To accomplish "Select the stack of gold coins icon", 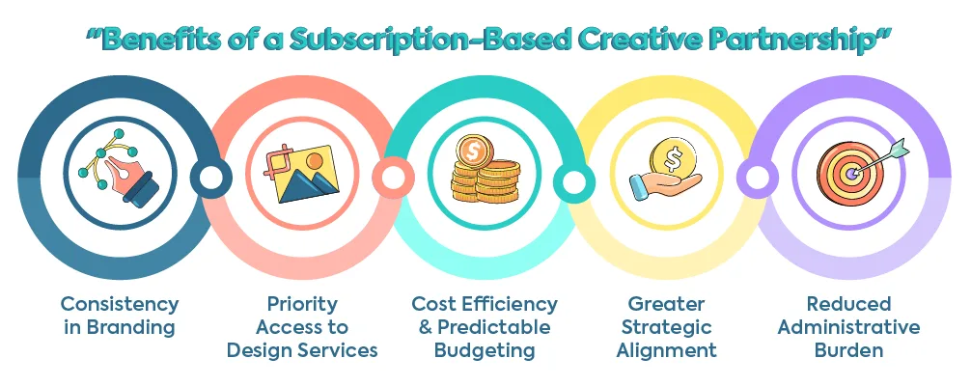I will (x=485, y=171).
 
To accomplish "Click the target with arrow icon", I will (x=849, y=171).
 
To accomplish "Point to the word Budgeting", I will (x=485, y=350).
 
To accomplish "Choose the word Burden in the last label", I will (x=849, y=350).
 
